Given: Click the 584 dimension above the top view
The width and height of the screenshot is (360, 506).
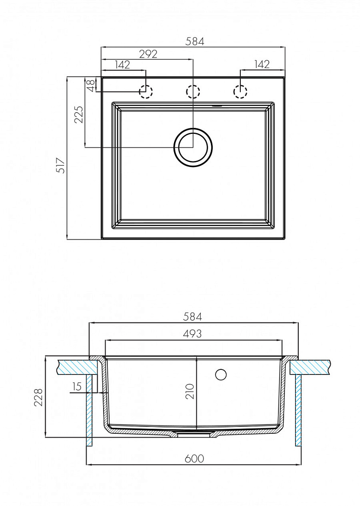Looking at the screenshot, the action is (x=195, y=41).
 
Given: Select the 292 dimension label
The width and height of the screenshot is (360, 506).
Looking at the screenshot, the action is (x=148, y=54).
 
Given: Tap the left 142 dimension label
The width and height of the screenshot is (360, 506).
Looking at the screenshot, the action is (x=122, y=64).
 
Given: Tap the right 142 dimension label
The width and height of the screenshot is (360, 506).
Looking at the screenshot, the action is (x=262, y=64).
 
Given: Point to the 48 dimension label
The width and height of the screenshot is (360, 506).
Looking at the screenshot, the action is (x=91, y=85).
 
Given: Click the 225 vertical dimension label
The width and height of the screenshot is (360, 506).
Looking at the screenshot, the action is (x=79, y=115).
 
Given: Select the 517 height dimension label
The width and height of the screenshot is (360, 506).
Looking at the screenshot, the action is (x=61, y=166).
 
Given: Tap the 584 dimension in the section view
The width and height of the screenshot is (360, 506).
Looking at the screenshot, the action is (x=192, y=317).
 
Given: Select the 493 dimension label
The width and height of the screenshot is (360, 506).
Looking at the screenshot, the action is (x=192, y=333).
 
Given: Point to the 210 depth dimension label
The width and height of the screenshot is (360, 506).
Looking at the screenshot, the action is (x=190, y=391).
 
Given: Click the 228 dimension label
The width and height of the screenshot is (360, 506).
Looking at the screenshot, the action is (x=38, y=397).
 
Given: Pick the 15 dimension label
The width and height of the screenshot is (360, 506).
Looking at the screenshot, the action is (x=77, y=386).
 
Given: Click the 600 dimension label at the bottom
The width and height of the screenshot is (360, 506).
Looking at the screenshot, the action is (x=194, y=459).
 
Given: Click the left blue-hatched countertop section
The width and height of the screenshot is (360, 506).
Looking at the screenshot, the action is (x=77, y=367).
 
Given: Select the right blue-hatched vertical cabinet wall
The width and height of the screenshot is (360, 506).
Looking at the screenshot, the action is (x=299, y=410).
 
